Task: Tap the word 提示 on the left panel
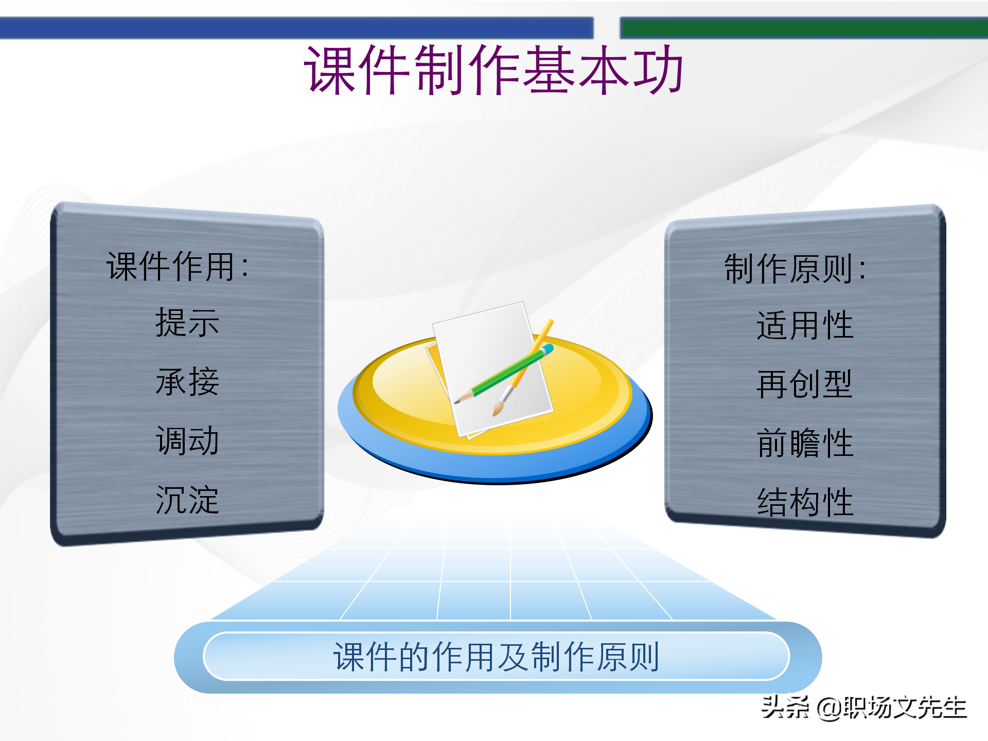click(x=187, y=323)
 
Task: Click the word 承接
click(x=187, y=382)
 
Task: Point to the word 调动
click(x=187, y=441)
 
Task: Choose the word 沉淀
click(x=187, y=500)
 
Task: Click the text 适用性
click(x=805, y=325)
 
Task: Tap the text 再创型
click(x=805, y=384)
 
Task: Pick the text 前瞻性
click(x=805, y=443)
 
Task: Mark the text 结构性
click(x=805, y=502)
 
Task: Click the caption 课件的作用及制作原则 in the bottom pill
click(x=497, y=657)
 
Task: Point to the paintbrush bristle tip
click(x=496, y=412)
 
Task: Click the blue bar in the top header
click(x=296, y=28)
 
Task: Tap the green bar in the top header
click(x=803, y=28)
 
